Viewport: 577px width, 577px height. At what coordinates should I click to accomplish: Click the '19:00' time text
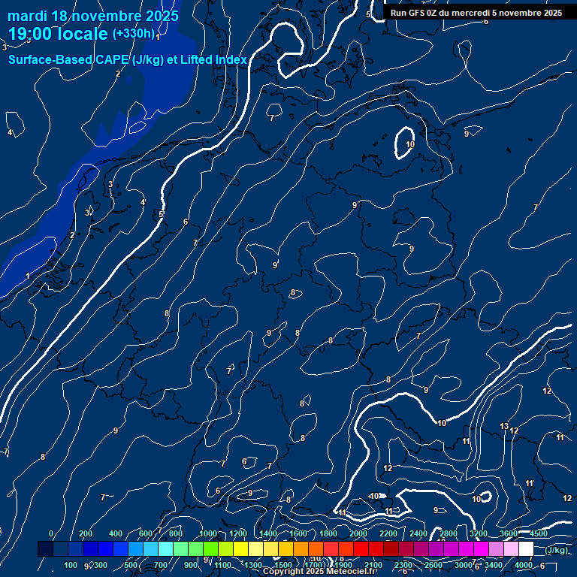point(32,34)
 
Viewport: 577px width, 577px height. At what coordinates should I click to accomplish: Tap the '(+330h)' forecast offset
point(134,34)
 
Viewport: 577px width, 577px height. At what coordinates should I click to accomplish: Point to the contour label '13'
point(504,426)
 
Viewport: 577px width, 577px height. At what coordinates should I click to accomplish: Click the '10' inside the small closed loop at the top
point(410,144)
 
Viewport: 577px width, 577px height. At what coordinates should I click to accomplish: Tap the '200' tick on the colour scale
point(86,533)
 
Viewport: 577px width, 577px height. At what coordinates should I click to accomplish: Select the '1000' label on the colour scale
point(208,533)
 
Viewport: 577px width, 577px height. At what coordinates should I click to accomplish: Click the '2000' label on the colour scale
point(358,533)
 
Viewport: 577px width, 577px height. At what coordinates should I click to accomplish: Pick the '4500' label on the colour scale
point(538,533)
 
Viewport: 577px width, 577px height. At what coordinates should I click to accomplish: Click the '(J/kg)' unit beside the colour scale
point(557,550)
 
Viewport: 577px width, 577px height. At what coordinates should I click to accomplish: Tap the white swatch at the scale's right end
point(526,549)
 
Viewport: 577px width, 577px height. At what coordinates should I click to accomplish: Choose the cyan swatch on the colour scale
point(165,549)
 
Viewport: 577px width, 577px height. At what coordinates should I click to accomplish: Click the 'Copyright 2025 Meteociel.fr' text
point(319,572)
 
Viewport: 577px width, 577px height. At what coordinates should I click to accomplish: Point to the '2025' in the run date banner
point(549,13)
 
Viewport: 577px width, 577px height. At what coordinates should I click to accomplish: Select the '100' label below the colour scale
point(71,565)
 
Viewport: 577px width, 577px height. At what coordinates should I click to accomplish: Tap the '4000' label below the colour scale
point(524,565)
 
